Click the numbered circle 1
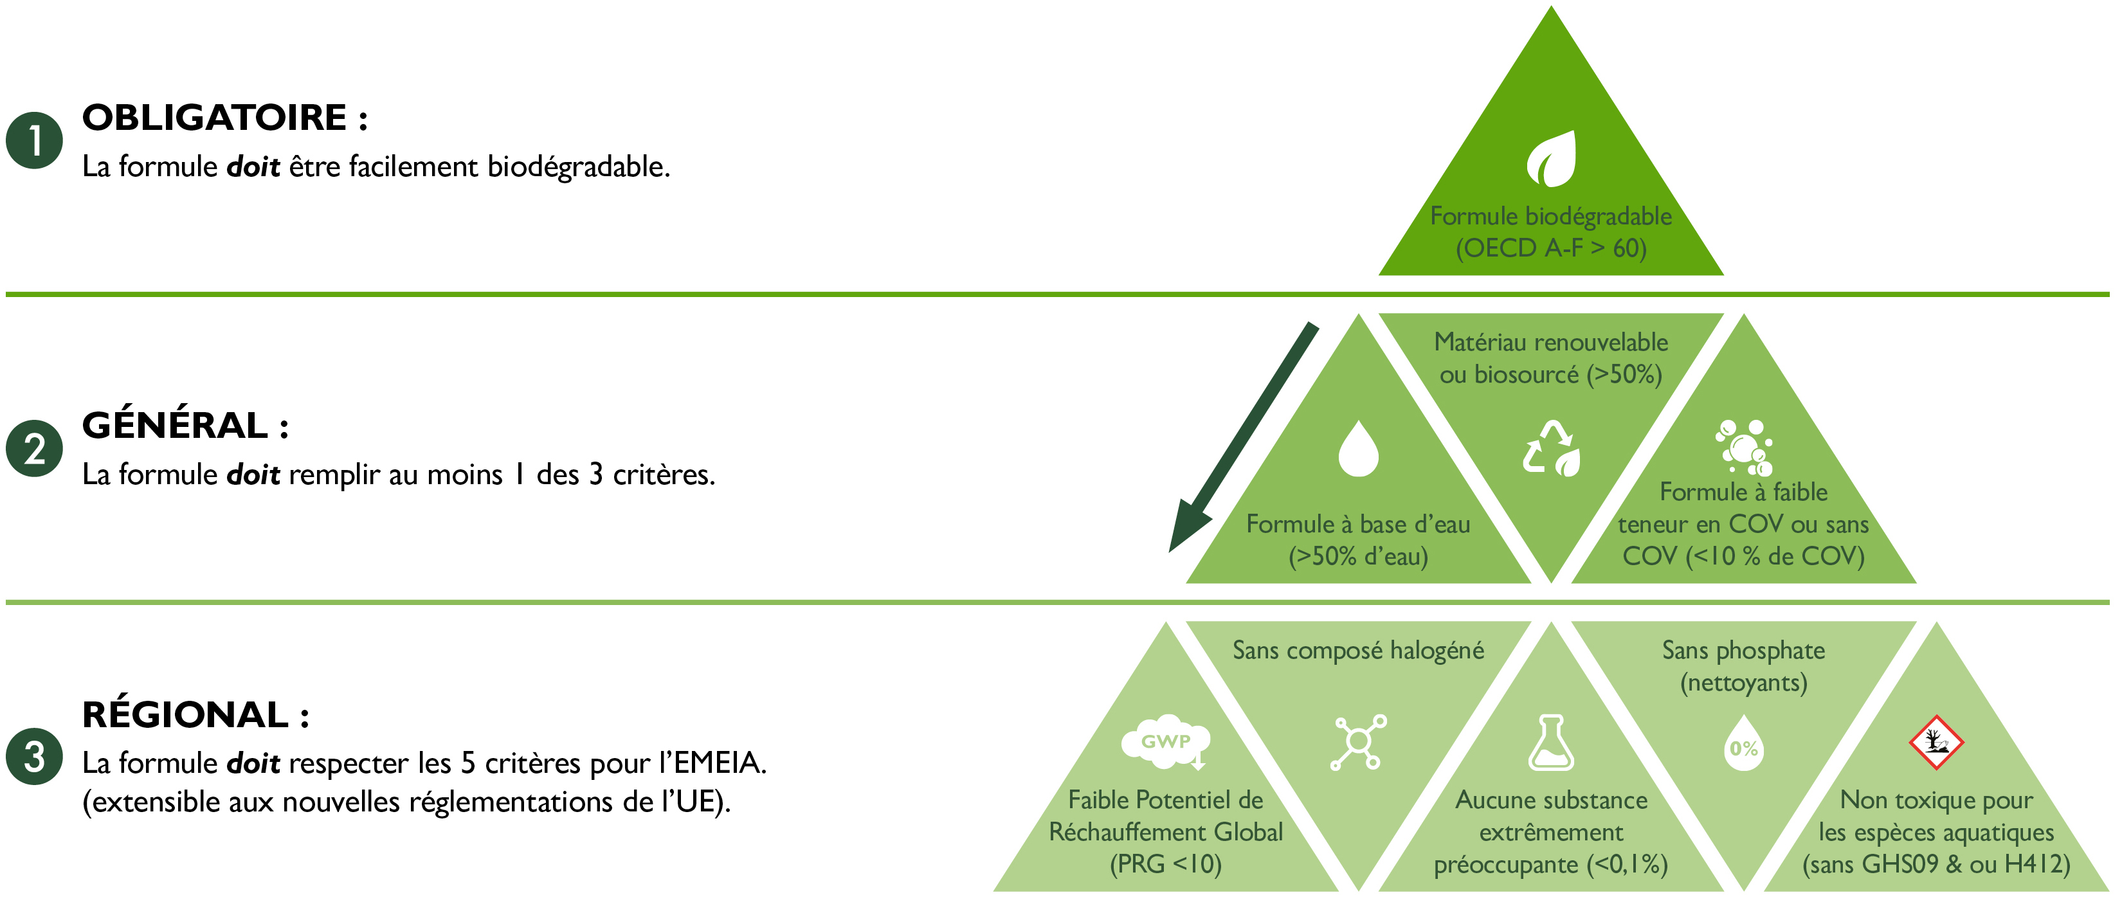35,141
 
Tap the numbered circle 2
35,449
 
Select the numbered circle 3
35,757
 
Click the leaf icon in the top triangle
1551,159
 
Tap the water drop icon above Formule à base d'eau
1358,449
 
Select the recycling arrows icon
1551,449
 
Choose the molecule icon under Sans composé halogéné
1358,743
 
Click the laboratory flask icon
1551,743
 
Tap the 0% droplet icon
1744,743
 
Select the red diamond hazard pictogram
1937,742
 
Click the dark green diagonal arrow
1244,437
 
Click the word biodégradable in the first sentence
578,167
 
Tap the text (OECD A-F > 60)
1551,248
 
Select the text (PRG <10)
1166,863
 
